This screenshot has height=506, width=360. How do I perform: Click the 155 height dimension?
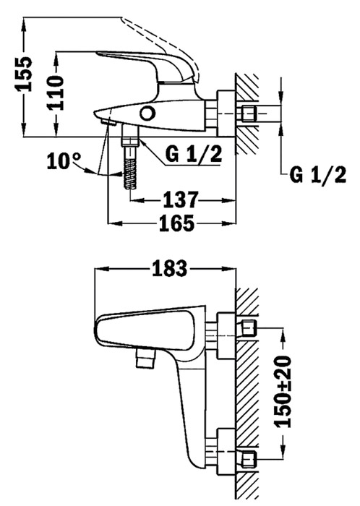coord(24,74)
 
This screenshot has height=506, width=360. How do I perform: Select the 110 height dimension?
coord(55,93)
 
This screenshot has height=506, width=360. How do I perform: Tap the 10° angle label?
coord(64,161)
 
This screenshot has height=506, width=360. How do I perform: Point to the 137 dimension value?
coord(180,200)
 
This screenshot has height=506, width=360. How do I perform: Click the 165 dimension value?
coord(177,223)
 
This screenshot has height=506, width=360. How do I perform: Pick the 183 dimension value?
coord(170,268)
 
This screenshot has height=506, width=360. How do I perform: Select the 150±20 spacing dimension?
coord(283,392)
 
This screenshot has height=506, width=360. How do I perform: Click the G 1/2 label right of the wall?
coord(318,175)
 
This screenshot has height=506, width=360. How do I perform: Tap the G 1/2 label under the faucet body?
coord(194,155)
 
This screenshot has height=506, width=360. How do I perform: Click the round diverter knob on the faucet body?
coord(147,113)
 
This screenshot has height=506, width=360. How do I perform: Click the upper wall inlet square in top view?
coord(249,329)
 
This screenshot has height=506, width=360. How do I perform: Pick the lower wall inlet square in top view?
coord(249,459)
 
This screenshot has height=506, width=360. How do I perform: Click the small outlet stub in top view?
coord(146,359)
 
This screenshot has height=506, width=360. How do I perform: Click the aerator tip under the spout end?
coord(108,123)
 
